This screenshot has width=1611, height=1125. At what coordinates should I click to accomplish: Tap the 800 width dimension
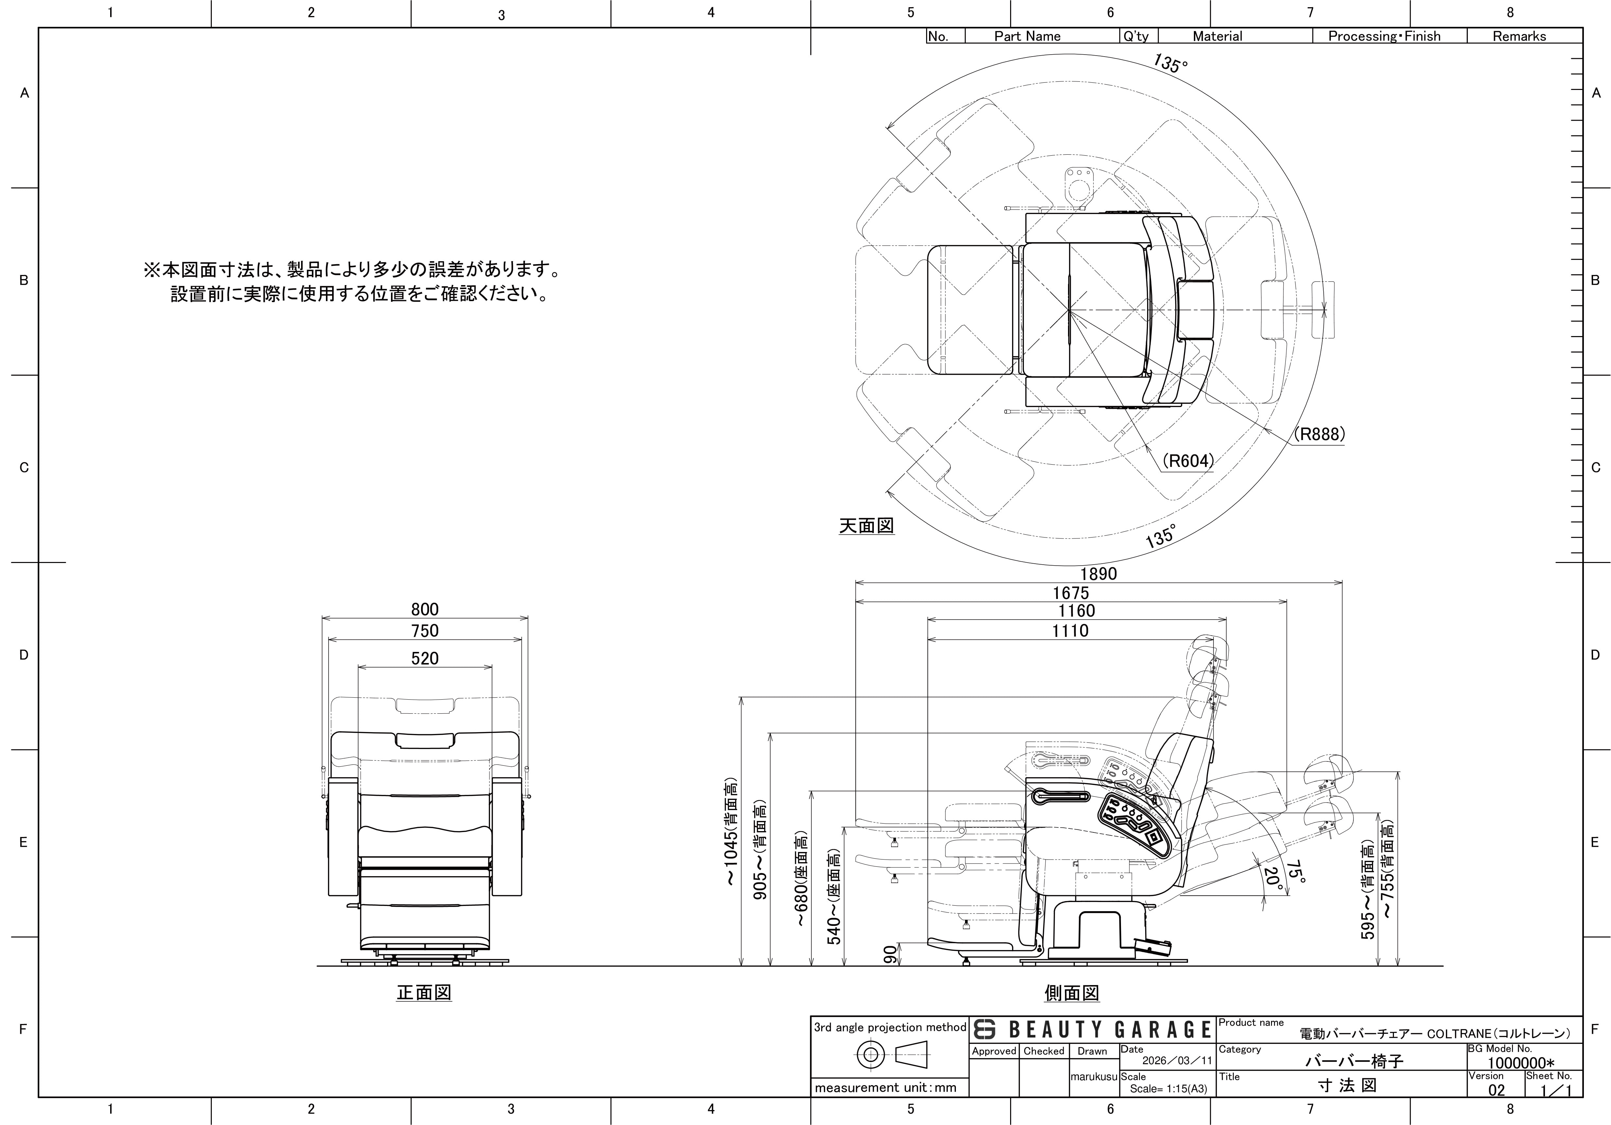(x=425, y=609)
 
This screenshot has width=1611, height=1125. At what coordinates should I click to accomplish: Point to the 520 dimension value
(x=425, y=658)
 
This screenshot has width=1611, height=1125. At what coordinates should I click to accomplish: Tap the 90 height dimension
(x=890, y=954)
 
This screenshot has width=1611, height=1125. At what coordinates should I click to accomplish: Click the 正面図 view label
(x=424, y=992)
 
